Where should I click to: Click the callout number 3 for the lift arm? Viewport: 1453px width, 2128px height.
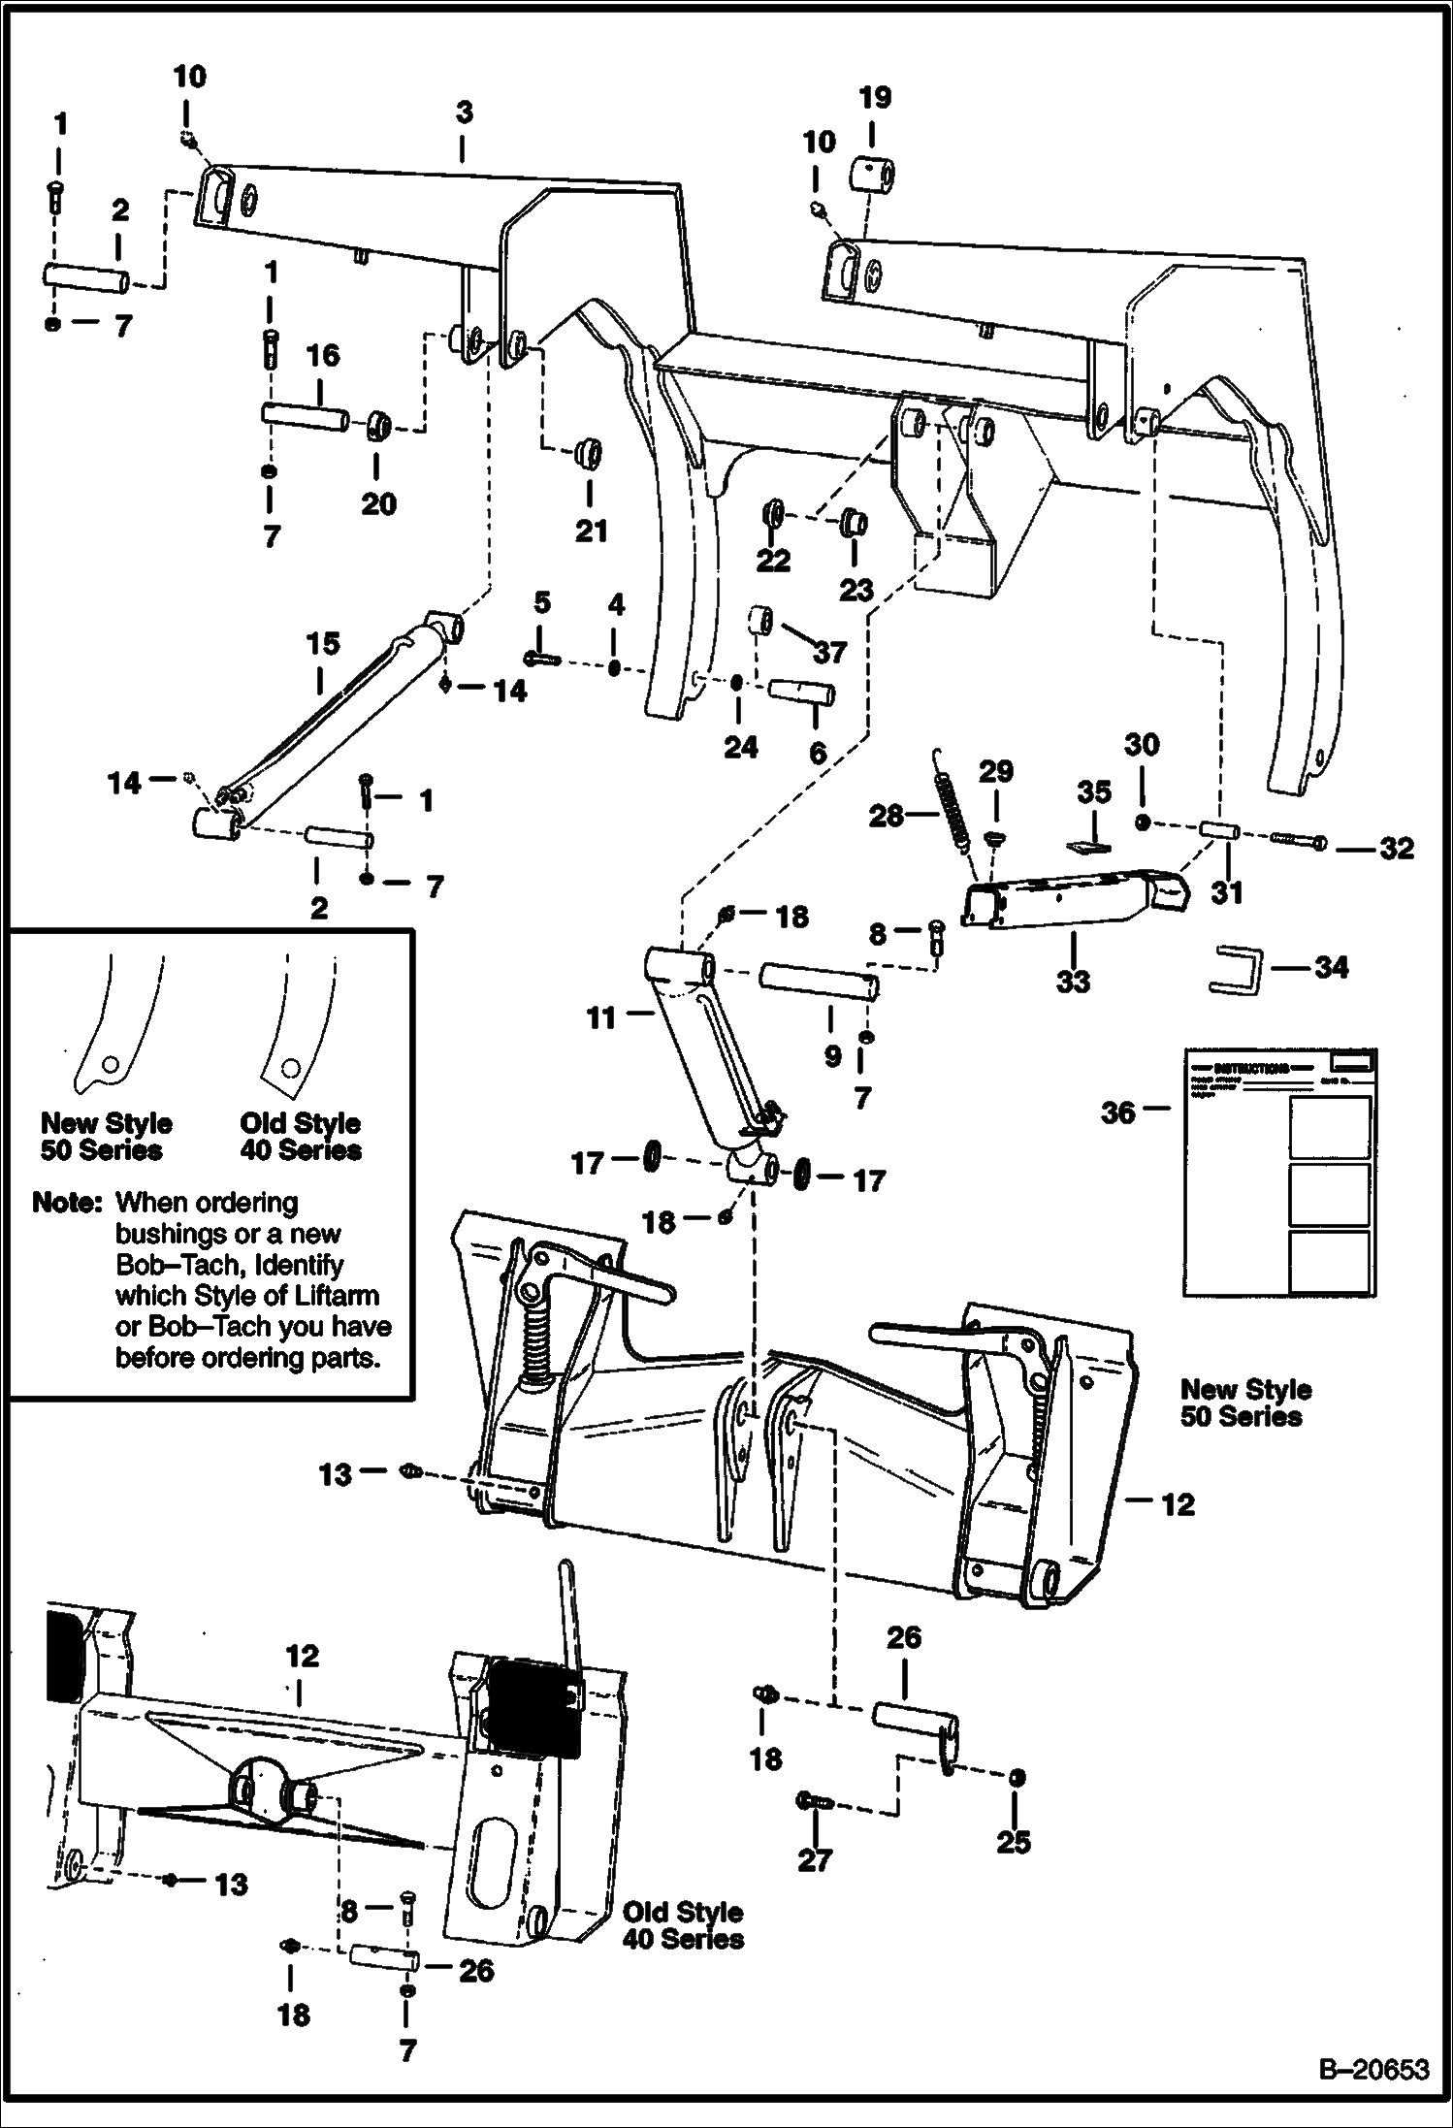click(465, 113)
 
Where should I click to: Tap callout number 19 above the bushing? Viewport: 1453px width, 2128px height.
click(874, 97)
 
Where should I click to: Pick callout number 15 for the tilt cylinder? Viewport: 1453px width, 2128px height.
click(324, 643)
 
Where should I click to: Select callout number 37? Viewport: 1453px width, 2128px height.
click(830, 653)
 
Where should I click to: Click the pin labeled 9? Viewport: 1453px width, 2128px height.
click(821, 982)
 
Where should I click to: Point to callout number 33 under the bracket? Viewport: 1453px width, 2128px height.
click(1073, 981)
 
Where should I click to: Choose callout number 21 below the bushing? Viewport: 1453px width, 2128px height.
click(592, 531)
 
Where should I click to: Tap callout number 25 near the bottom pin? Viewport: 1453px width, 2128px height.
click(1014, 1841)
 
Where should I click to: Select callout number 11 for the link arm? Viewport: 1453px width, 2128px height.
click(601, 1017)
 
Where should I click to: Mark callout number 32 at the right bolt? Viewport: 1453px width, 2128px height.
click(1397, 848)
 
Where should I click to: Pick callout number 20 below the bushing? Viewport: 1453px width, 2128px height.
click(378, 503)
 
